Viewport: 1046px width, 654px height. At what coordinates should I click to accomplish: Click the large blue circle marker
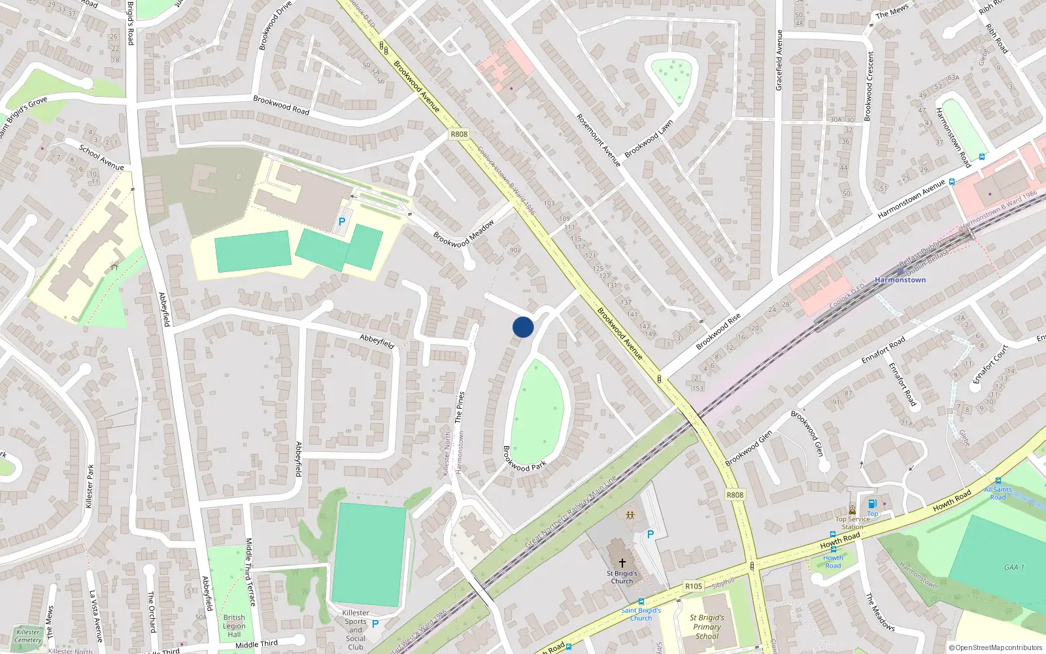click(x=523, y=327)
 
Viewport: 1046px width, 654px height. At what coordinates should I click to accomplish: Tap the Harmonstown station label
click(x=900, y=280)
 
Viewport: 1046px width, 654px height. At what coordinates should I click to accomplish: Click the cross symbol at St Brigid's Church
click(x=622, y=562)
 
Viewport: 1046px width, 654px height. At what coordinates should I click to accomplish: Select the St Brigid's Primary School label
click(x=707, y=627)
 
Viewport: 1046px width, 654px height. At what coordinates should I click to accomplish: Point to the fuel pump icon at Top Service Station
click(x=872, y=504)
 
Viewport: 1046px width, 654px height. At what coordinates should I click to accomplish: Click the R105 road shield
click(x=693, y=586)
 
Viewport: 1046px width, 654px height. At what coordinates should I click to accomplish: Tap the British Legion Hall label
click(x=234, y=626)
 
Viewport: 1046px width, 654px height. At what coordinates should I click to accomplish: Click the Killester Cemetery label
click(x=28, y=636)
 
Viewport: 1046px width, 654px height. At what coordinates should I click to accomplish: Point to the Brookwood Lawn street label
click(x=649, y=139)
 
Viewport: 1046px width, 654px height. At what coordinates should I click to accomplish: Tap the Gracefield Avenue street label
click(x=779, y=60)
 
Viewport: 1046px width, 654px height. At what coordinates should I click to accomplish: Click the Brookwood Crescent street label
click(x=868, y=86)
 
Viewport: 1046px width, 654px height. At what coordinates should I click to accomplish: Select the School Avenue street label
click(x=101, y=158)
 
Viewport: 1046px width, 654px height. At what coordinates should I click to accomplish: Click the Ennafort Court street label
click(x=991, y=364)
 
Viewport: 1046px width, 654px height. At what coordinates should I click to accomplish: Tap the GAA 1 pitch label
click(x=1014, y=567)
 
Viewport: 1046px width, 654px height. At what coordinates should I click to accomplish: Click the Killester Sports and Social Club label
click(x=356, y=630)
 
